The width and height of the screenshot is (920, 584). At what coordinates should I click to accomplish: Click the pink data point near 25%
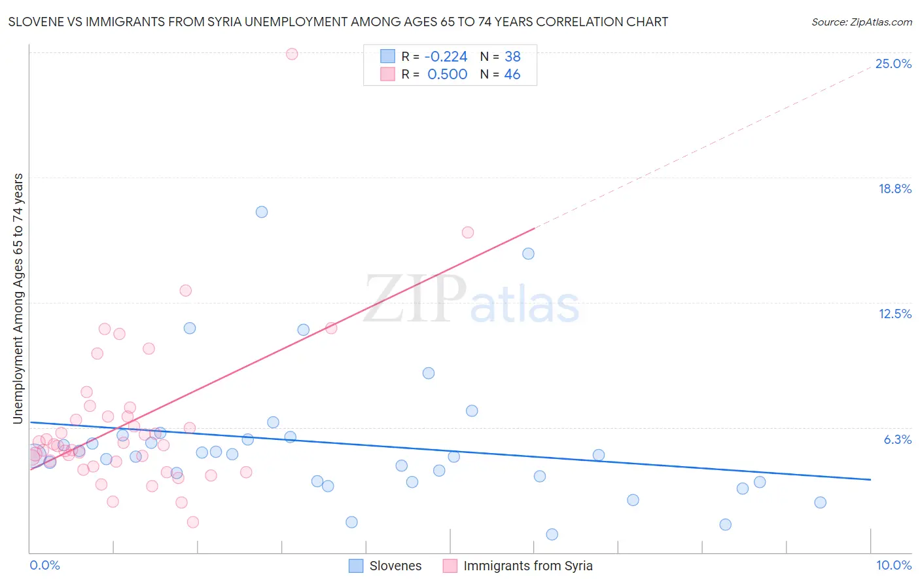coord(292,54)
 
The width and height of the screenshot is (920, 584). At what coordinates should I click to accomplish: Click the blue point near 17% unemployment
coord(262,211)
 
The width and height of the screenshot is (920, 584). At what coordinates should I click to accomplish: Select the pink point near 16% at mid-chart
coord(468,232)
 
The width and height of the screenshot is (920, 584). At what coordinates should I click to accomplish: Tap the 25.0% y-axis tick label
coord(893,64)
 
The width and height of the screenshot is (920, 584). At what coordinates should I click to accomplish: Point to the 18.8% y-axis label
coord(894,189)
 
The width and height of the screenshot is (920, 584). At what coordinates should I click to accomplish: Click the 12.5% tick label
coord(894,314)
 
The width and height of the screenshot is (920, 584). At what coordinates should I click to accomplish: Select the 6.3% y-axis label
coord(897,439)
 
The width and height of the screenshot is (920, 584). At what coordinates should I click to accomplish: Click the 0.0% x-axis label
coord(44,565)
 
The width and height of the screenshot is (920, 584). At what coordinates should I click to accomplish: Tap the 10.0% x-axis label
coord(893,565)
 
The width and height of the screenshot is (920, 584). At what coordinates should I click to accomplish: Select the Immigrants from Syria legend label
coord(527,566)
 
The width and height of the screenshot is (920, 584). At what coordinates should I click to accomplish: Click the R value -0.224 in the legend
coord(446,56)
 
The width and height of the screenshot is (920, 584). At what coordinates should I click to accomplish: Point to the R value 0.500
coord(447,75)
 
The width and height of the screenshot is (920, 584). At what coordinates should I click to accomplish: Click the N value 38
coord(512,56)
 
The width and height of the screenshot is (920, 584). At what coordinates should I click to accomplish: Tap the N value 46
coord(512,75)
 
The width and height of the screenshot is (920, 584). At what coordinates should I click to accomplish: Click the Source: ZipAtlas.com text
coord(861,22)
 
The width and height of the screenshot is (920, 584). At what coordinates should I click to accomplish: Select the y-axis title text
coord(18,299)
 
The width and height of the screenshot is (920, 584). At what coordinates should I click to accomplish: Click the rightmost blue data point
coord(821,502)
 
